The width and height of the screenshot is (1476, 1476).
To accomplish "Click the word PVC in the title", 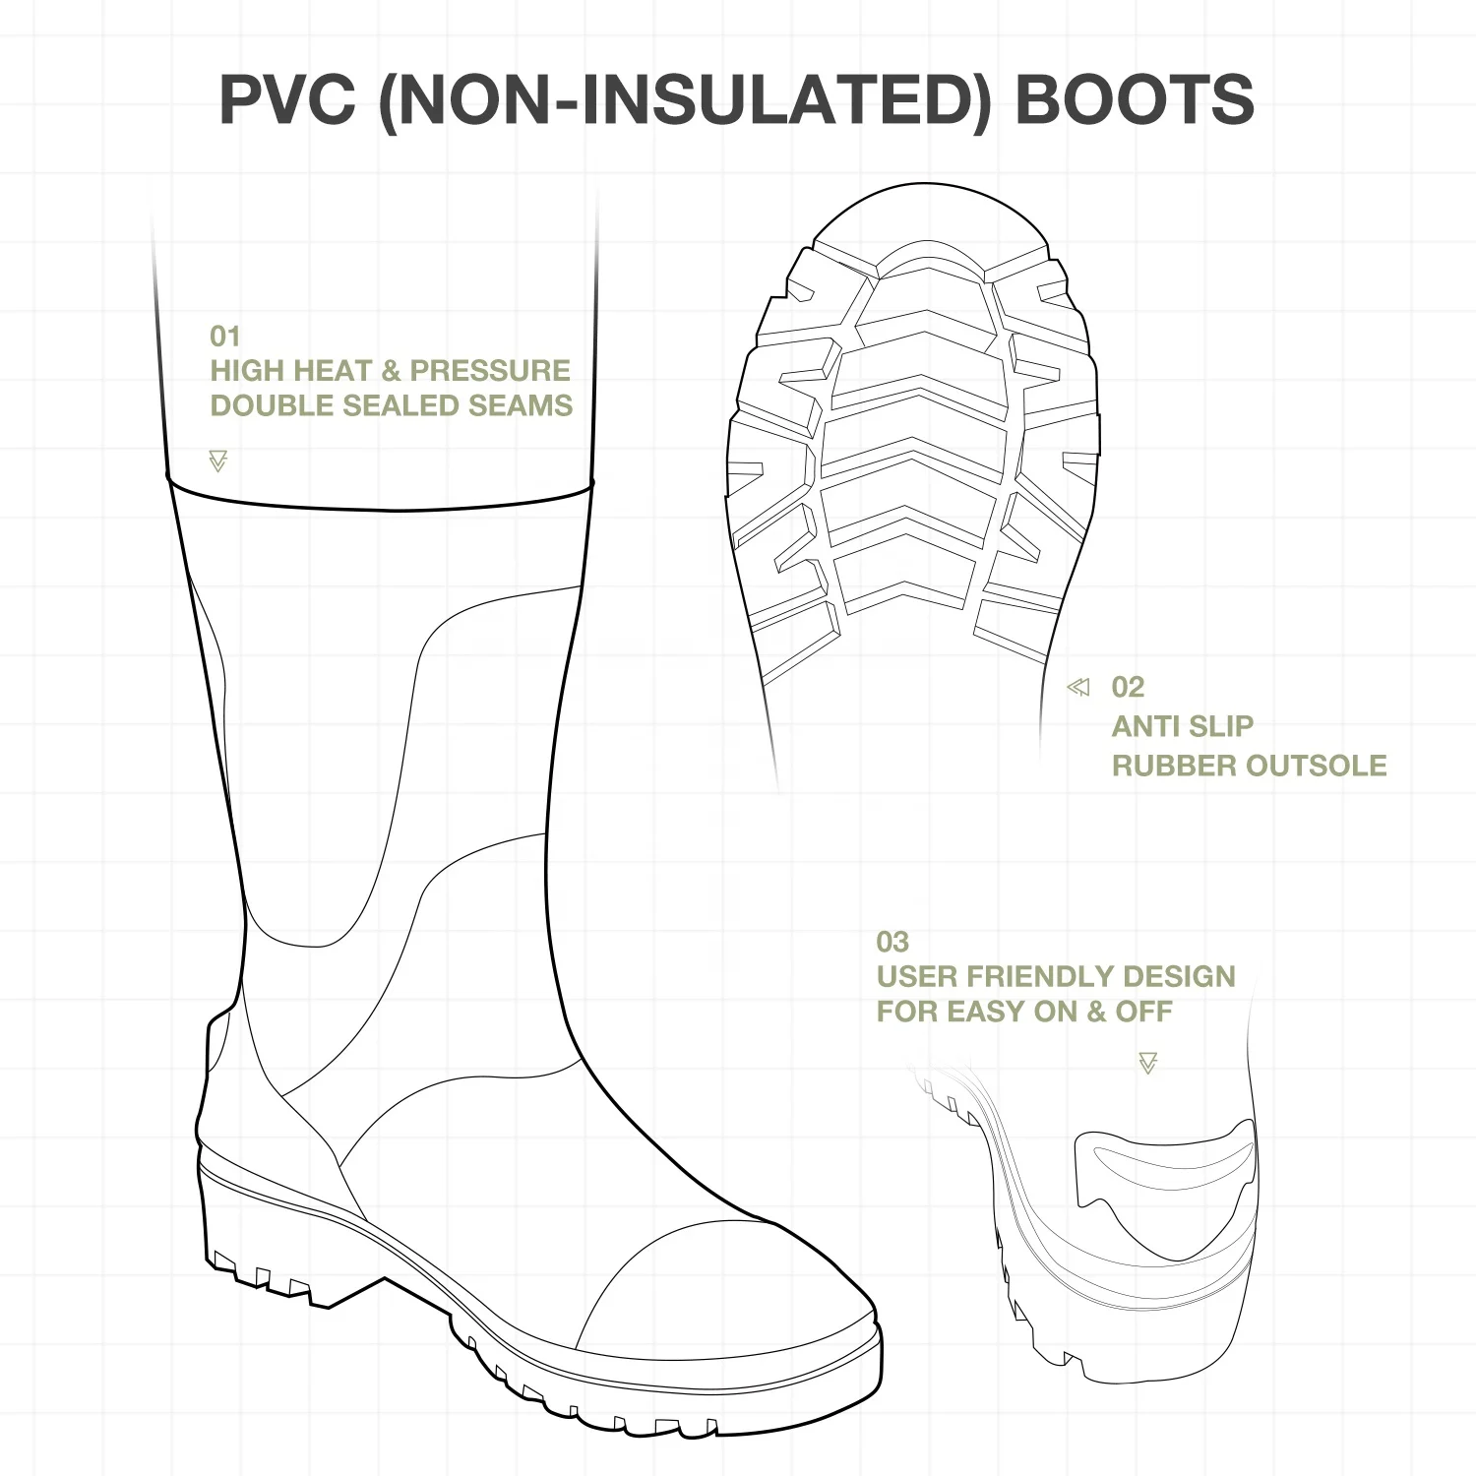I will click(286, 98).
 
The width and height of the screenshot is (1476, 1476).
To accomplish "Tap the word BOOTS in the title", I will click(1135, 98).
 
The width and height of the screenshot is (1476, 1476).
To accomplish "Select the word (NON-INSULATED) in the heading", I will click(685, 98).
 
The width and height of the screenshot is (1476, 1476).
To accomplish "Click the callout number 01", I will click(224, 337).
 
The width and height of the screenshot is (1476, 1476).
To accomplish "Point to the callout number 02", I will click(1128, 687).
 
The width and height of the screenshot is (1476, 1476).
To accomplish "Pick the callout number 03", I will click(892, 942).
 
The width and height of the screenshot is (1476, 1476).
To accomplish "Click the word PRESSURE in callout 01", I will click(490, 371).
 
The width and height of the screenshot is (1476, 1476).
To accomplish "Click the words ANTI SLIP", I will click(1182, 726).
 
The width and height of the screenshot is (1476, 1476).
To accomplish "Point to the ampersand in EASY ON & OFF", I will click(1096, 1012).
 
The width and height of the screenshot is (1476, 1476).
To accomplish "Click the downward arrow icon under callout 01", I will click(218, 461).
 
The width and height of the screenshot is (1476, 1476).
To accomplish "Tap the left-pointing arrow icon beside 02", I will click(1078, 687).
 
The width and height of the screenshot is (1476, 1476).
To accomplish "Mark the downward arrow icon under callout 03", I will click(1147, 1063).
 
